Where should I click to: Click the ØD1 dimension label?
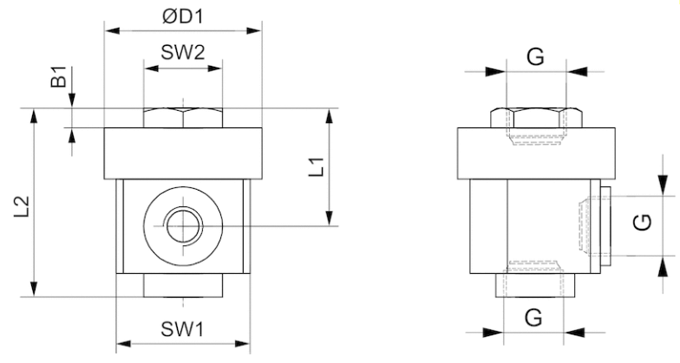tap(182, 16)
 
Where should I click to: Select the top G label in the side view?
tap(535, 57)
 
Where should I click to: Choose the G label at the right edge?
tap(641, 223)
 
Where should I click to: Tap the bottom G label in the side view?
tap(534, 317)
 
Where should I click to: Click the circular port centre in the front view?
tap(183, 226)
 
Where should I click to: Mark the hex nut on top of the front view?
tap(183, 118)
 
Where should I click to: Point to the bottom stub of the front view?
tap(183, 283)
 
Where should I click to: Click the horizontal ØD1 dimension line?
tap(182, 30)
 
